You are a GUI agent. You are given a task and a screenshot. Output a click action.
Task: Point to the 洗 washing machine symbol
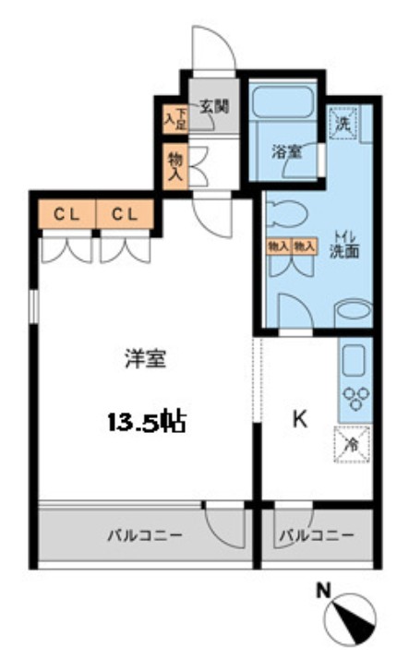click(343, 120)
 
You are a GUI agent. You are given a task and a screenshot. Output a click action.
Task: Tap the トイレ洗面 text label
click(344, 245)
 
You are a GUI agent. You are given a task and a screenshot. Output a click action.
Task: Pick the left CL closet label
click(65, 214)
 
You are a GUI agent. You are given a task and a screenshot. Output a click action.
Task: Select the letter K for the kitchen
click(299, 420)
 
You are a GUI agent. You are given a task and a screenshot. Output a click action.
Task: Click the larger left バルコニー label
click(142, 536)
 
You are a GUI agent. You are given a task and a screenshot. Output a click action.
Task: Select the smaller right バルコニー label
click(317, 536)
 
